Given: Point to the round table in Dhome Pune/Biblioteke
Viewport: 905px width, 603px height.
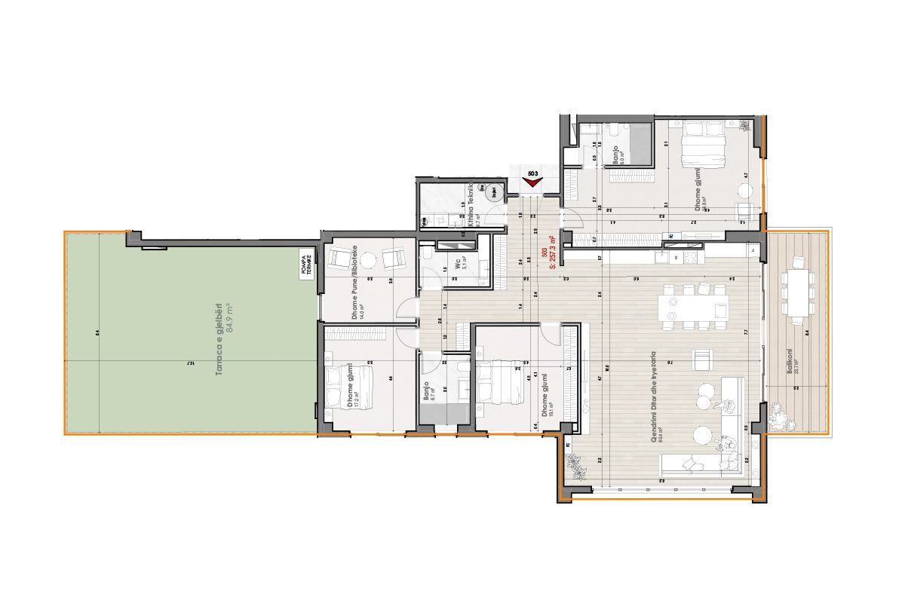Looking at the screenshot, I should [368, 260].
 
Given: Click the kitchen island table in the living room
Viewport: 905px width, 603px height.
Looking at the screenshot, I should [695, 307].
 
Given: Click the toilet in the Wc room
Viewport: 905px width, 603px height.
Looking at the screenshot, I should [427, 259].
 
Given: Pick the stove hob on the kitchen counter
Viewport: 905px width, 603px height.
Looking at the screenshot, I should [691, 258].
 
